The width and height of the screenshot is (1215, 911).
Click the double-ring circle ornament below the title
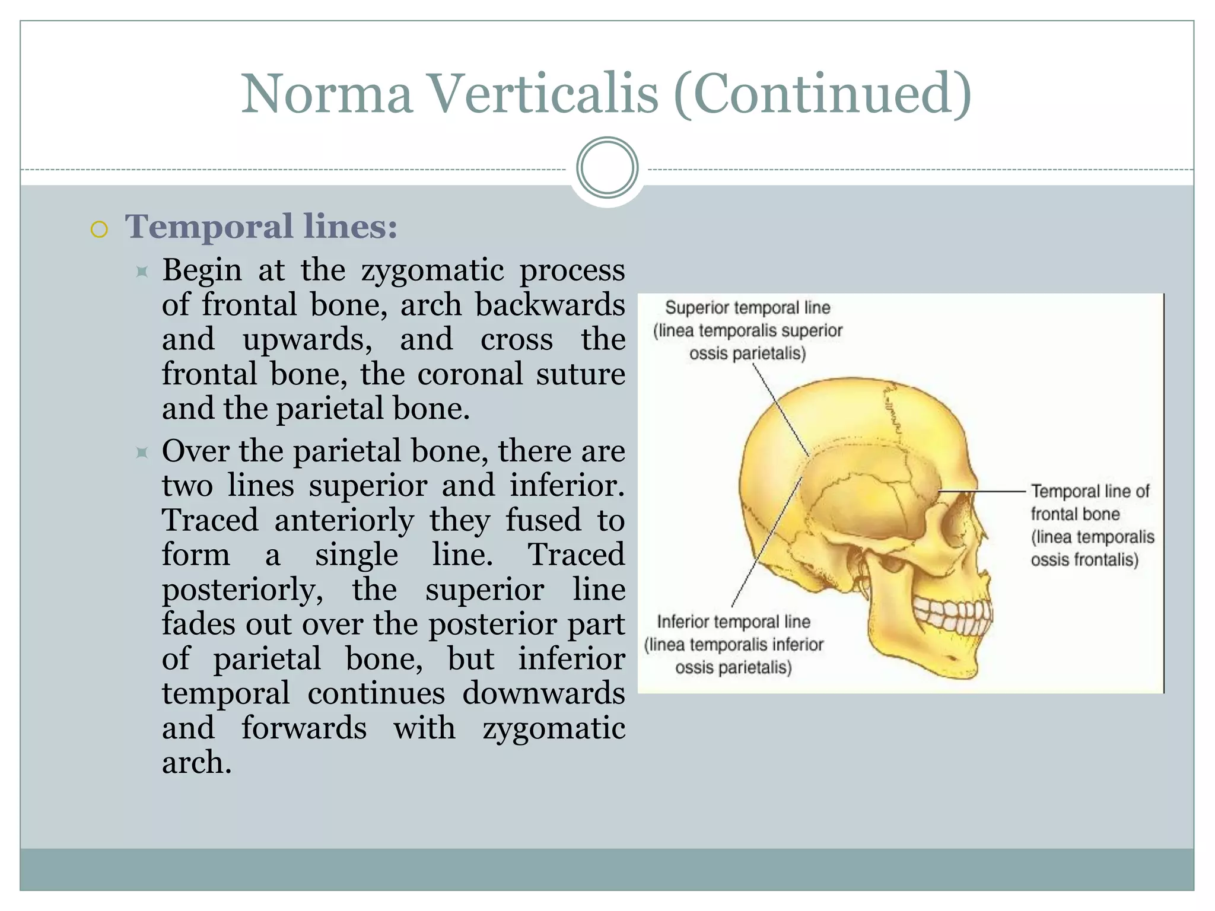point(607,167)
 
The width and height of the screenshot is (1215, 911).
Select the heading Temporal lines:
point(261,227)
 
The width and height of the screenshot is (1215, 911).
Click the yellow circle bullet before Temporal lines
point(100,229)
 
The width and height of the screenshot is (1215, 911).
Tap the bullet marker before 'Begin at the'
point(141,272)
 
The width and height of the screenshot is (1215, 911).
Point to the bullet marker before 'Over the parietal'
point(141,453)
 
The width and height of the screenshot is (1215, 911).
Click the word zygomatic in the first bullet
point(432,270)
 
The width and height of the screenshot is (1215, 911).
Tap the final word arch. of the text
point(196,762)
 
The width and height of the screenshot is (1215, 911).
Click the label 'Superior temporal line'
point(748,308)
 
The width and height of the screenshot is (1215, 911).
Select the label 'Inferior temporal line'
point(733,622)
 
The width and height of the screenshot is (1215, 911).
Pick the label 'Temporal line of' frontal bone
point(1089,491)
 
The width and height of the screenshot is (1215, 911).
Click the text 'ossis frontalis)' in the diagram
point(1084,559)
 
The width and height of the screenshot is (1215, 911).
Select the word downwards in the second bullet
point(543,693)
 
